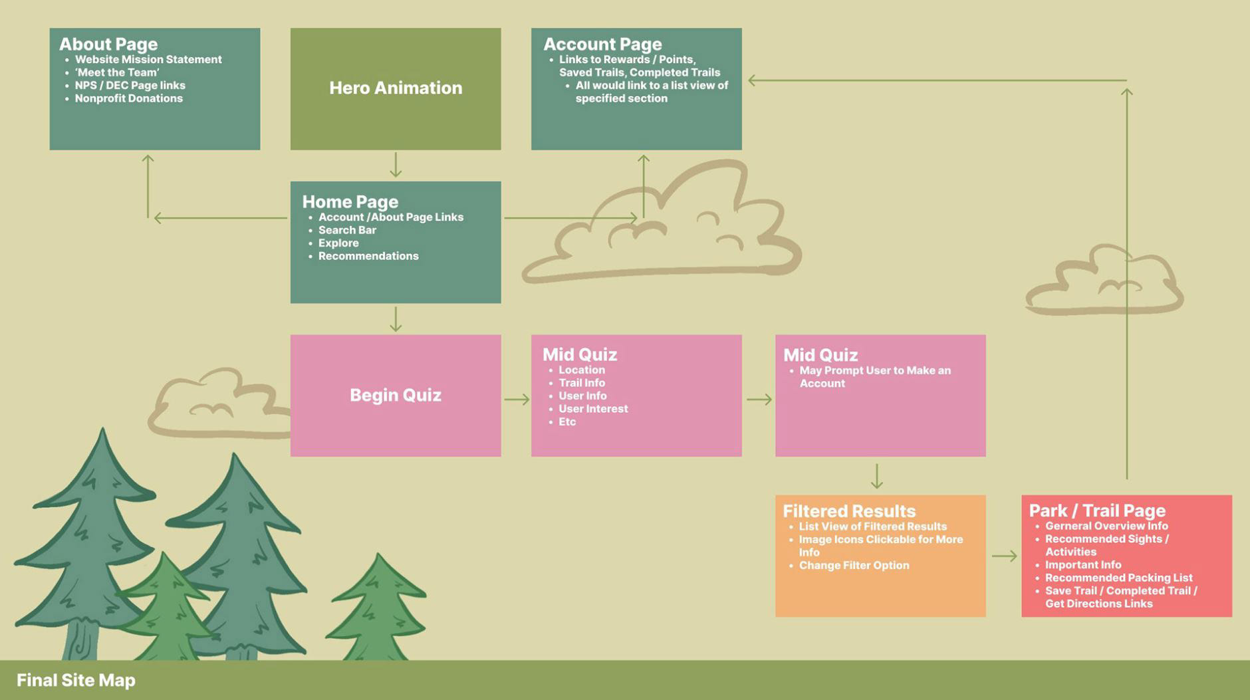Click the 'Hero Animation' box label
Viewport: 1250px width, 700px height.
pos(396,88)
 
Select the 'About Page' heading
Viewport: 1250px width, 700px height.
pos(108,44)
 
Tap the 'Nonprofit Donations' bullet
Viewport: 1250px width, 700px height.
pos(128,98)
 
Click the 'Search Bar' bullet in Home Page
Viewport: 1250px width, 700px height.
pos(347,230)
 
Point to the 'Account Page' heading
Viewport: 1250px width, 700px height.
pos(602,44)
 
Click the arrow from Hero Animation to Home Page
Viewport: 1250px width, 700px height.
pos(396,165)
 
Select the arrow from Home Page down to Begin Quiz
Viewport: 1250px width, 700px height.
pos(396,319)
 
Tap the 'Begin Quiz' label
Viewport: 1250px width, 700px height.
pos(396,395)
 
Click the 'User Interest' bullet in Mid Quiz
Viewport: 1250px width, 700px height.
pos(593,409)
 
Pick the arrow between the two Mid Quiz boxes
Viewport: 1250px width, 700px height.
pos(759,400)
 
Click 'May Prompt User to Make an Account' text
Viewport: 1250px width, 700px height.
pos(874,377)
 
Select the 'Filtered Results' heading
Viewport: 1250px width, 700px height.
pos(849,511)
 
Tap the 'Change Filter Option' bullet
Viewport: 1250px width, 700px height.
pos(854,566)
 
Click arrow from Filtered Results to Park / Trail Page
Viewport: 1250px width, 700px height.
pos(1004,556)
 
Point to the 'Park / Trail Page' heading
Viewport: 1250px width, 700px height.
pos(1097,511)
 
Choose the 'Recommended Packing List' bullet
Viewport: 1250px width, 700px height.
pos(1118,578)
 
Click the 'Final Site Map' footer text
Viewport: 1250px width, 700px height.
pos(76,680)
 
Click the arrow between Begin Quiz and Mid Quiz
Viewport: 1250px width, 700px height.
pos(517,400)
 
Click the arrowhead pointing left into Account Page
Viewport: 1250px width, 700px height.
pos(753,80)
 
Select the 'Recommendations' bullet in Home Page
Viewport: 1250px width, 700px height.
pos(368,256)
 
